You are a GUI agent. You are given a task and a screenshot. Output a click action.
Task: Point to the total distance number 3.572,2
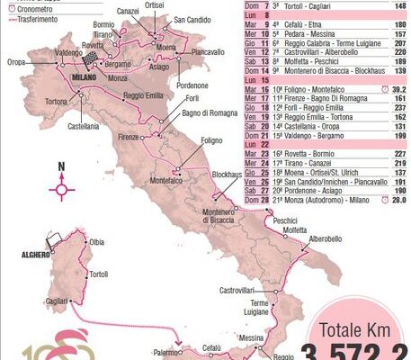(x=360, y=351)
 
